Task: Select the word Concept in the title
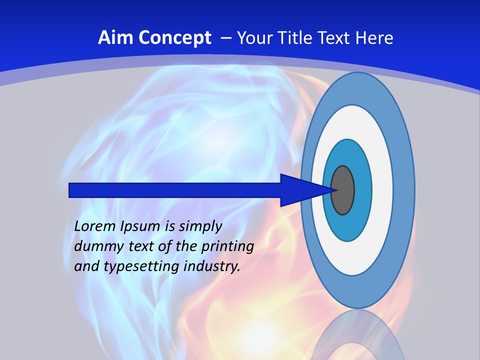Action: pyautogui.click(x=175, y=38)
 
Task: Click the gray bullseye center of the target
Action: pyautogui.click(x=343, y=190)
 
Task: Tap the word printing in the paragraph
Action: pyautogui.click(x=227, y=246)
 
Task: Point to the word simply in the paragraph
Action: pyautogui.click(x=200, y=226)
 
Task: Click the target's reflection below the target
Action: pyautogui.click(x=358, y=335)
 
